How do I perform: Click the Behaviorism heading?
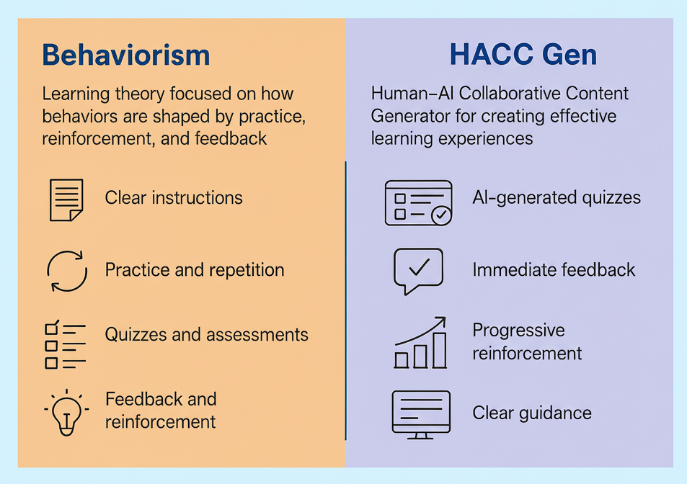tap(126, 55)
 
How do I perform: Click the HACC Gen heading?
tap(523, 55)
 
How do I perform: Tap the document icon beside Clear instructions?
tap(66, 200)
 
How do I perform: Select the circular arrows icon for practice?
tap(66, 271)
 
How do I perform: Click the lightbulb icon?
tap(66, 411)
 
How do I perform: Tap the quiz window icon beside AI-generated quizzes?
tap(418, 202)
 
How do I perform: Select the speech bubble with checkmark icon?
tap(418, 271)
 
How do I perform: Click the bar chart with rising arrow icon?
tap(420, 344)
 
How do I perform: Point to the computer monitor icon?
tap(420, 414)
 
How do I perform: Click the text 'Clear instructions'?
tap(174, 198)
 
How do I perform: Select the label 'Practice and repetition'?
tap(195, 270)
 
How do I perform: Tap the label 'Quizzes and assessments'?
tap(206, 335)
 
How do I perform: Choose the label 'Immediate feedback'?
tap(554, 270)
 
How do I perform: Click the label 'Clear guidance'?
tap(532, 413)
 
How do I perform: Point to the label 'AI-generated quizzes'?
tap(557, 198)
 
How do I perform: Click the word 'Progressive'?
tap(518, 331)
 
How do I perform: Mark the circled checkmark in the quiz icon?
tap(440, 215)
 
